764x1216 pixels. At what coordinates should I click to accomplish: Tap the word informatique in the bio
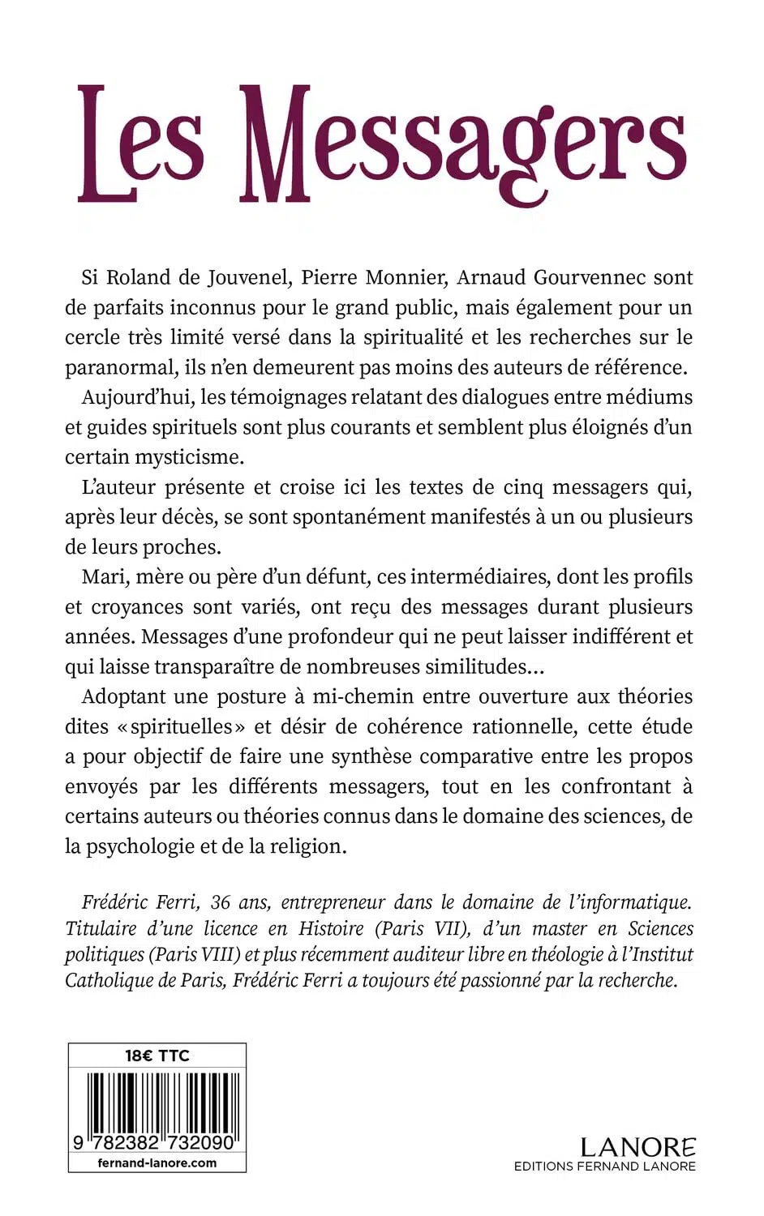coord(634,902)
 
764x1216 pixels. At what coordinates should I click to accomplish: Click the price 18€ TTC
coord(157,1055)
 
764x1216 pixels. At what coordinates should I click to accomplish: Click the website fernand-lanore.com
coord(157,1162)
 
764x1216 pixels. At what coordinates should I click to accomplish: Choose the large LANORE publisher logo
coord(637,1147)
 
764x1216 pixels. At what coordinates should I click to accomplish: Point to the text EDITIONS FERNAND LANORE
coord(604,1167)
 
